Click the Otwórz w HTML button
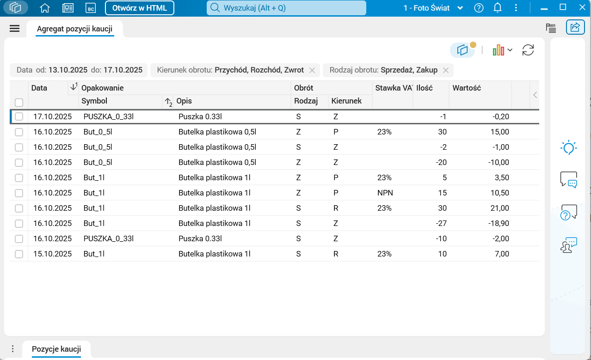pyautogui.click(x=139, y=8)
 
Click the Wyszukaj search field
pyautogui.click(x=286, y=8)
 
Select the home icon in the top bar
pyautogui.click(x=45, y=8)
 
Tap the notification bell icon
pyautogui.click(x=498, y=8)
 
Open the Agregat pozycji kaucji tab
pyautogui.click(x=74, y=29)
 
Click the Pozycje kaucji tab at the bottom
pyautogui.click(x=56, y=349)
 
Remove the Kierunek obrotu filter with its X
pyautogui.click(x=312, y=70)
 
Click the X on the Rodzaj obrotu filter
pyautogui.click(x=446, y=70)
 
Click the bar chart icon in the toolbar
pyautogui.click(x=498, y=50)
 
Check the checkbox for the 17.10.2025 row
pyautogui.click(x=19, y=117)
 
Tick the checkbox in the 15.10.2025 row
pyautogui.click(x=19, y=254)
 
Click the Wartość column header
pyautogui.click(x=467, y=88)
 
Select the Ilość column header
pyautogui.click(x=425, y=88)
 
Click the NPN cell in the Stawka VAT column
pyautogui.click(x=385, y=193)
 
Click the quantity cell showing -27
pyautogui.click(x=441, y=224)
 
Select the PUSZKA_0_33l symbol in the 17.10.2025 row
pyautogui.click(x=108, y=117)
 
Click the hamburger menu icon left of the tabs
pyautogui.click(x=15, y=29)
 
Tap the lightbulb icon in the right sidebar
pyautogui.click(x=568, y=148)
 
